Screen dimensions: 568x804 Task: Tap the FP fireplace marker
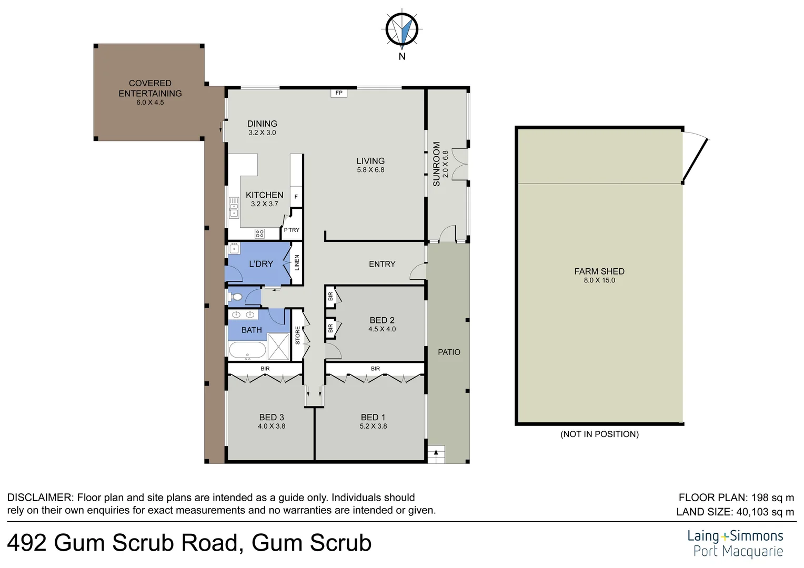(339, 93)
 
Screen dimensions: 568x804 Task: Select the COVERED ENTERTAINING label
(150, 88)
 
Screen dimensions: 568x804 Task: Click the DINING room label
(262, 124)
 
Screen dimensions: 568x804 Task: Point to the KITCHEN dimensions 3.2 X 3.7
(264, 204)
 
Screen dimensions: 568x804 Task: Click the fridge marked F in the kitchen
(296, 197)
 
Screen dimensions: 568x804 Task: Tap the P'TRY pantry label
(292, 230)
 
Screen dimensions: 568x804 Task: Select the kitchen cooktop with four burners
(259, 233)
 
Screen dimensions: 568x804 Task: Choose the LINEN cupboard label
(297, 262)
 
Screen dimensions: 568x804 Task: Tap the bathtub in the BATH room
(247, 350)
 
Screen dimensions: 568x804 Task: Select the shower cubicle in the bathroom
(278, 347)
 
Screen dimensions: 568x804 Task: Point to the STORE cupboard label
(297, 336)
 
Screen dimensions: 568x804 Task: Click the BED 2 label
(382, 320)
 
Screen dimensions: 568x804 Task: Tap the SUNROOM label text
(436, 164)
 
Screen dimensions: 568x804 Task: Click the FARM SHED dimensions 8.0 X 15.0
(599, 280)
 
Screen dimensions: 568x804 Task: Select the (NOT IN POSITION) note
(599, 434)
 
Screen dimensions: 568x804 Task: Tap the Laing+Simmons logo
(735, 543)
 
